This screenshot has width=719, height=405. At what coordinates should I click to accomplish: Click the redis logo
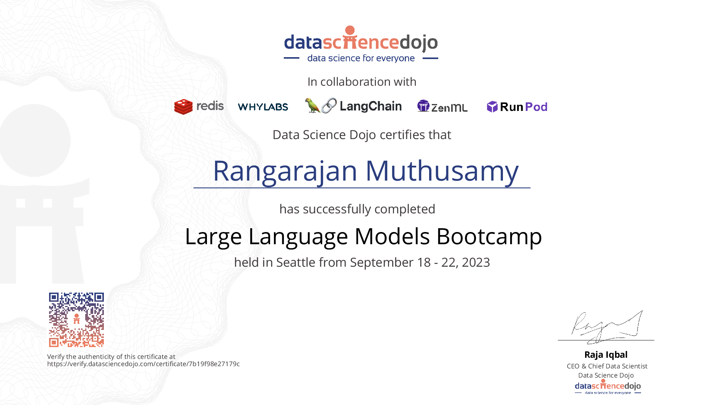199,106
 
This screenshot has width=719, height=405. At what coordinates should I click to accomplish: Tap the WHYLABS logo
263,107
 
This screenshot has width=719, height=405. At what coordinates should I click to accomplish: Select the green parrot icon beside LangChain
312,106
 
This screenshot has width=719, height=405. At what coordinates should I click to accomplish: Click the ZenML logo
442,106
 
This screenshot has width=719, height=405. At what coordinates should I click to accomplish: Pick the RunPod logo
517,107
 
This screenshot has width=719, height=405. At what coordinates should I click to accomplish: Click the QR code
76,320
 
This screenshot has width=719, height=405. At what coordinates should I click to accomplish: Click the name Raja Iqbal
606,355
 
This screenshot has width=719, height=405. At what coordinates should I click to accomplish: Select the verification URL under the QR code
143,364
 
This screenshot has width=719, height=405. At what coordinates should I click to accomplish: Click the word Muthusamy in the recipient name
442,171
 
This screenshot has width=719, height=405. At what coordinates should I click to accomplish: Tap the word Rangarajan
285,171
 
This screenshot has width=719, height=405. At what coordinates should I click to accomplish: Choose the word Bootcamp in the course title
489,237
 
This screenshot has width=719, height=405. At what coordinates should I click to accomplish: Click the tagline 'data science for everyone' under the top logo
361,58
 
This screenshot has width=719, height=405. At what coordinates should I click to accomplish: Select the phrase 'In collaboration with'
362,82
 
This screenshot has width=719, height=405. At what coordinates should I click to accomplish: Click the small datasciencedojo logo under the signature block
608,387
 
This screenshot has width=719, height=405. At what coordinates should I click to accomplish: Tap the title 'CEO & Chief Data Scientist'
607,366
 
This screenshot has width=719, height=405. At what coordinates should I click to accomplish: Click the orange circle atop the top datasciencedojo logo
350,30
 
